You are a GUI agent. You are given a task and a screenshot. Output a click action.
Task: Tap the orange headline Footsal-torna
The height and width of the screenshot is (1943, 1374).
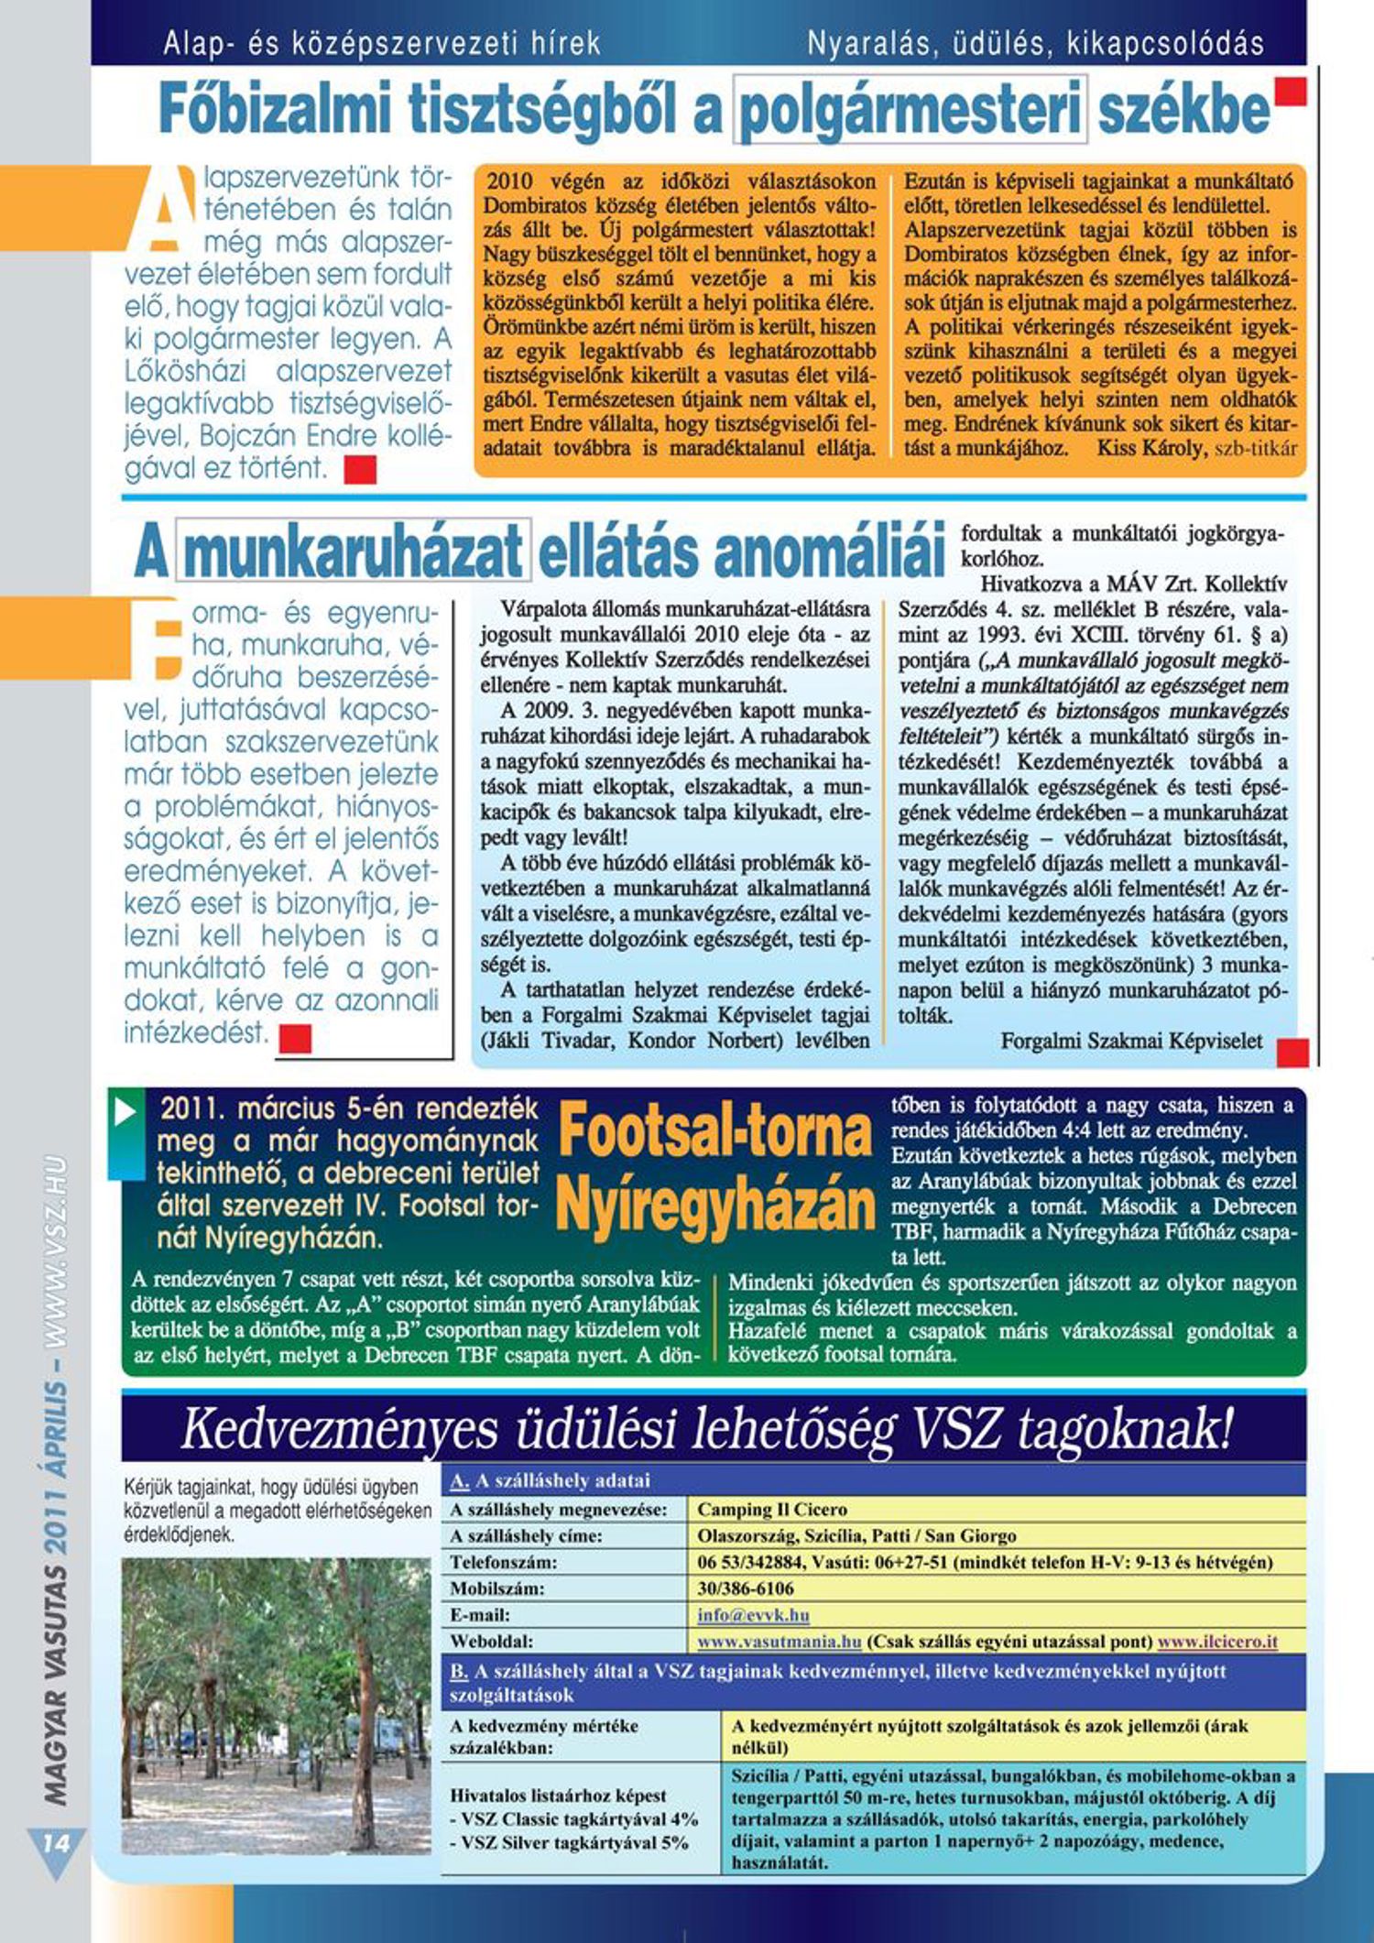pyautogui.click(x=714, y=1130)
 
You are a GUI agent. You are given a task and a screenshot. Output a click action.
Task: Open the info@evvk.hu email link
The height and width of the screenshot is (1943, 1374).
pyautogui.click(x=753, y=1614)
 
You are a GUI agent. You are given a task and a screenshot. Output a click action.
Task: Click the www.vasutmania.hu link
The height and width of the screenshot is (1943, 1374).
pyautogui.click(x=779, y=1641)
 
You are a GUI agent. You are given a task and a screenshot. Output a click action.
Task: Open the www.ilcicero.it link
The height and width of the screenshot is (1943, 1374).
pyautogui.click(x=1217, y=1641)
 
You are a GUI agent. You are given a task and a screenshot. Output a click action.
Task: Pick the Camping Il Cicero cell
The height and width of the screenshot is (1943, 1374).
pyautogui.click(x=771, y=1509)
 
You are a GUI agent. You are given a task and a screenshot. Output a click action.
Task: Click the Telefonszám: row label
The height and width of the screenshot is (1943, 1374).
pyautogui.click(x=504, y=1562)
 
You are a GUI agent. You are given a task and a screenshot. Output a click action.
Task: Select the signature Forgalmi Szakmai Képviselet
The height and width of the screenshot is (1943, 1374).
pyautogui.click(x=1131, y=1041)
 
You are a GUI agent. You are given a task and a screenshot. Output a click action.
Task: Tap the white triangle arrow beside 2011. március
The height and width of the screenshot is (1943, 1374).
pyautogui.click(x=125, y=1112)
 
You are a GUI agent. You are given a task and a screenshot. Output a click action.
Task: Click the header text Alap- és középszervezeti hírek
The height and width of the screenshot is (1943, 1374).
pyautogui.click(x=382, y=43)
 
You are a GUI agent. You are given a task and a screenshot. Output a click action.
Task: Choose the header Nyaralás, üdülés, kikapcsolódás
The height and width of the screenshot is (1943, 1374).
pyautogui.click(x=1035, y=43)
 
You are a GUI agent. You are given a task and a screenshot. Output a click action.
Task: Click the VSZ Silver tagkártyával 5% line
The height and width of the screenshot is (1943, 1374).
pyautogui.click(x=574, y=1842)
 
